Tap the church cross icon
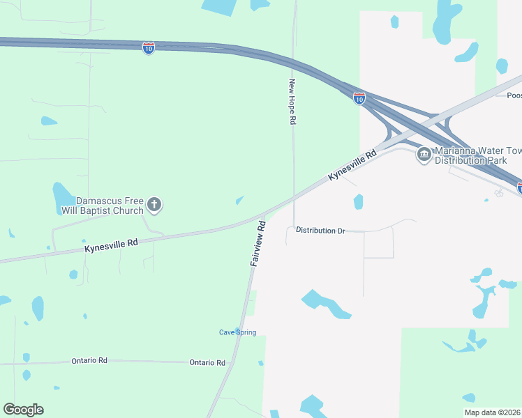[154, 205]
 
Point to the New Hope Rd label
[293, 101]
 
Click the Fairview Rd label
[258, 244]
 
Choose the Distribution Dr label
[320, 230]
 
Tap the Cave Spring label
[237, 332]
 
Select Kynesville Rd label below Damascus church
[112, 245]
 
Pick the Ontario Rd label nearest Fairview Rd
[207, 363]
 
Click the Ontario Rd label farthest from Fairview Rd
[89, 361]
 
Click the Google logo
[23, 410]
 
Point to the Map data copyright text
[493, 412]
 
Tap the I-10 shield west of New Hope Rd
[148, 48]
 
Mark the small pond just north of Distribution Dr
[358, 202]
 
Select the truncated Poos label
[514, 95]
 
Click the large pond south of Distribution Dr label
[325, 304]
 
